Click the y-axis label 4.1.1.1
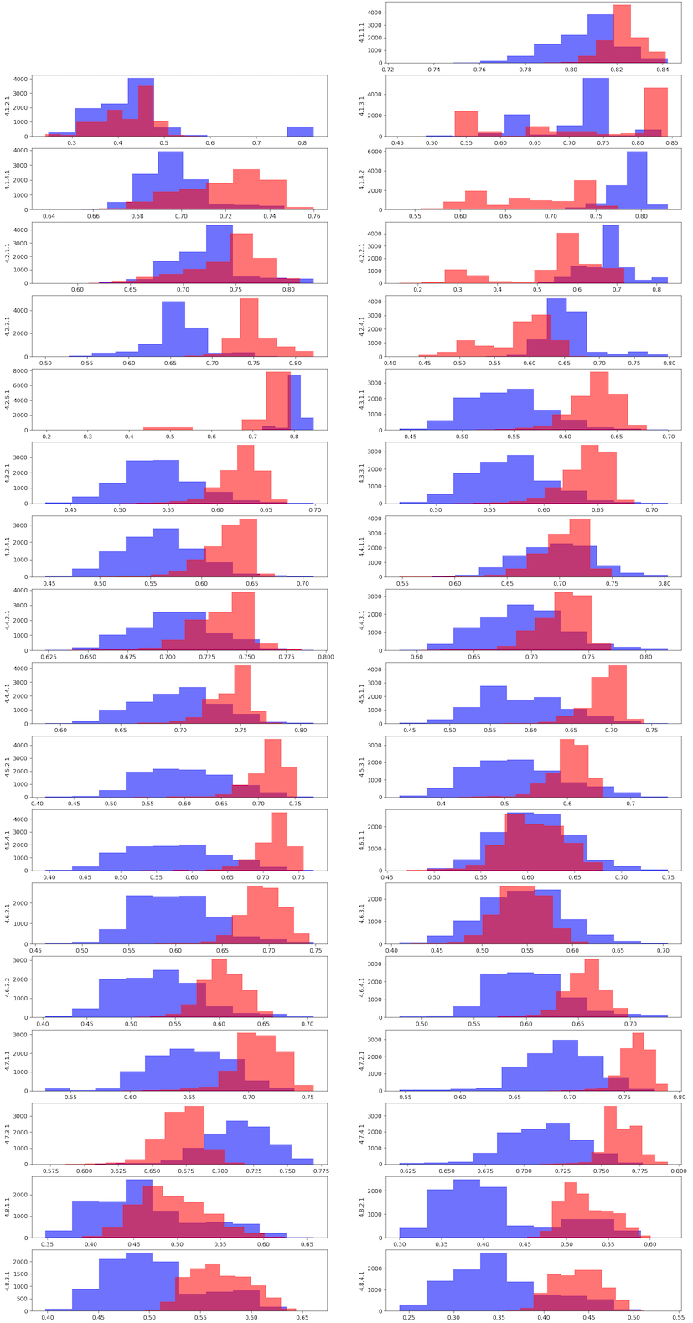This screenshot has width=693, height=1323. coord(362,33)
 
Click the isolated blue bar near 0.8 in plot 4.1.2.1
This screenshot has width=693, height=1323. coord(300,131)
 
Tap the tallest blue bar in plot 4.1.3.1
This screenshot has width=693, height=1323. coord(596,107)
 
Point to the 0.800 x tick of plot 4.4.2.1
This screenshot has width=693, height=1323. coord(326,658)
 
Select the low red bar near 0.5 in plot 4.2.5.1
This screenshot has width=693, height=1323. coord(168,428)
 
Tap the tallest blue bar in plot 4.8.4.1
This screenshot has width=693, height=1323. coord(494,1281)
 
